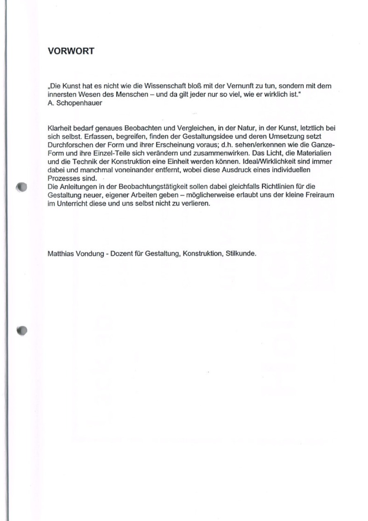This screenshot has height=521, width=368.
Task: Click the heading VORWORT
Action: tap(71, 51)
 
